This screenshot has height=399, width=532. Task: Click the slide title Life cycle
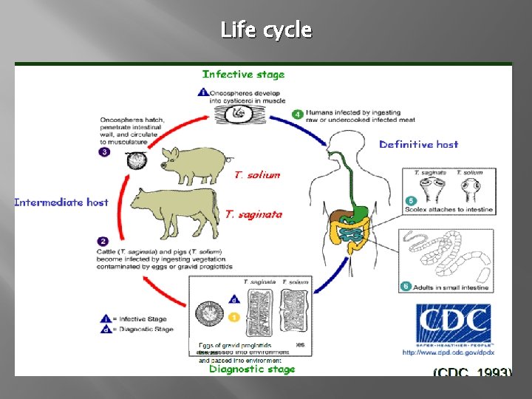point(266,30)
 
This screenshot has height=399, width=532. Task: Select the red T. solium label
point(257,175)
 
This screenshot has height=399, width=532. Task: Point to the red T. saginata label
point(253,214)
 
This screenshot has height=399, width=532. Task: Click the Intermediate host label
point(61,202)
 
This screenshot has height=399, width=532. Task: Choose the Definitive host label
point(418,144)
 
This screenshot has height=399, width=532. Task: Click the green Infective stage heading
point(243,74)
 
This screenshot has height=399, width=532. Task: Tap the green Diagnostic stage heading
point(251,369)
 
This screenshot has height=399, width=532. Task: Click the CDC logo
point(453,324)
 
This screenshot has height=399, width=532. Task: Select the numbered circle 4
point(296,115)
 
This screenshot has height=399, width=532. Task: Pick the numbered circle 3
point(105,152)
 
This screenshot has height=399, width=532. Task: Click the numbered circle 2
point(103,241)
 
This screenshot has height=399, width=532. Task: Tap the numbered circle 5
point(411,200)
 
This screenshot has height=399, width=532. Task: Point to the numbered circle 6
point(406,286)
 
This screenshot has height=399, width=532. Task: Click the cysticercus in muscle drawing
point(238,112)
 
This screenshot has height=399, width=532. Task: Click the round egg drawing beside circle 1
point(209,316)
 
